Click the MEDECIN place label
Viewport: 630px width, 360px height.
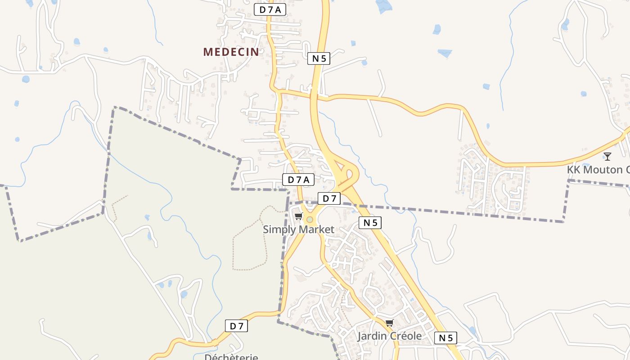[231, 52]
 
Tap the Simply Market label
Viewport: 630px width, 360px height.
[298, 229]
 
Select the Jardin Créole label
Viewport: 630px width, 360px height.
[390, 336]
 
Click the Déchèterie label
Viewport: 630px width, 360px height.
[231, 357]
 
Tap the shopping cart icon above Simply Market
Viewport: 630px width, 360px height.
[298, 216]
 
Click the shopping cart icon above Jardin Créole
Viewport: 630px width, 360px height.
[390, 323]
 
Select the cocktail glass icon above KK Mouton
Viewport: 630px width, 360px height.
[607, 157]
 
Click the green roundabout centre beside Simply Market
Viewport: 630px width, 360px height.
[310, 220]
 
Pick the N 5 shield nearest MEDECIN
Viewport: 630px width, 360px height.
[319, 58]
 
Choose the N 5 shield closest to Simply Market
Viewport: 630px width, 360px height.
[370, 222]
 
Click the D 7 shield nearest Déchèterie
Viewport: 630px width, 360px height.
[236, 326]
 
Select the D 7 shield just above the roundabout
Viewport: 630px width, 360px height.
[329, 198]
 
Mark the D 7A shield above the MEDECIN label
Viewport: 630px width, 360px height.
[270, 9]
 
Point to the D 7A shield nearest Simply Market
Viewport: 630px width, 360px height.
[298, 180]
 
